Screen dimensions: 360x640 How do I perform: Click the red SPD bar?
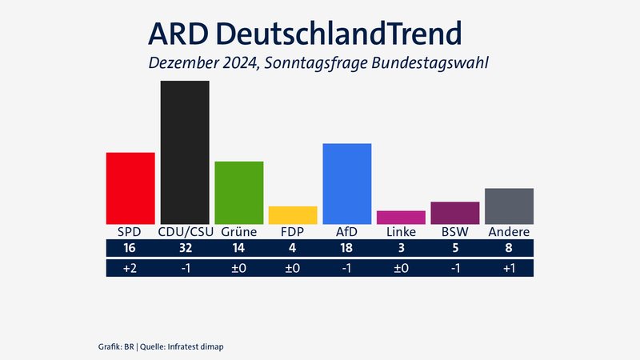(x=130, y=188)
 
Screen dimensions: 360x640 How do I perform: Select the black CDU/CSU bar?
(x=185, y=152)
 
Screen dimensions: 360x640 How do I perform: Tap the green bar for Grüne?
(x=238, y=193)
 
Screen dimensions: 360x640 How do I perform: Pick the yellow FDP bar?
(x=293, y=215)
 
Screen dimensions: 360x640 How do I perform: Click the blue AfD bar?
(x=346, y=183)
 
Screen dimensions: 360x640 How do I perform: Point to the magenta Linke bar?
(x=401, y=218)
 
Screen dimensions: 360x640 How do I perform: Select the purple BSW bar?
(x=454, y=213)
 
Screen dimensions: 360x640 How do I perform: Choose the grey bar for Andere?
(x=509, y=206)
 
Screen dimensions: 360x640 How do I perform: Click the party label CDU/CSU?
(x=185, y=232)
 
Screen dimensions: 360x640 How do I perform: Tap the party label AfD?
(x=346, y=232)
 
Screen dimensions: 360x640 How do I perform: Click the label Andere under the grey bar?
(x=509, y=232)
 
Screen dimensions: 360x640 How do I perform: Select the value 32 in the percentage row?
(x=185, y=250)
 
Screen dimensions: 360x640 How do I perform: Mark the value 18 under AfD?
(x=346, y=250)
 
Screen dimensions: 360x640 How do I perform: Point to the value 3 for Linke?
(x=401, y=250)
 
